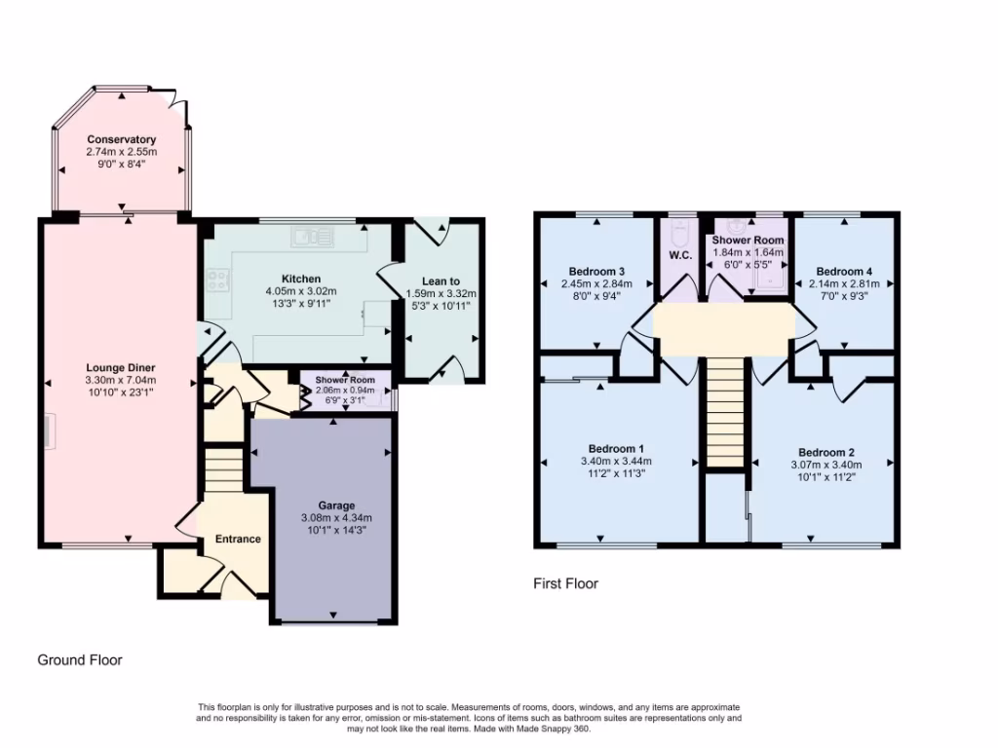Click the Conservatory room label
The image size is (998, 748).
point(121,139)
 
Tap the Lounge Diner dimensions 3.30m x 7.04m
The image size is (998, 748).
point(121,380)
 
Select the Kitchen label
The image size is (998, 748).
point(301,279)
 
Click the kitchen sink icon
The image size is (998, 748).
point(311,235)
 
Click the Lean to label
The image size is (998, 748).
point(440,280)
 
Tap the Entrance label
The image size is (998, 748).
point(238,539)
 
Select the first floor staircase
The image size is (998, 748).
point(724,412)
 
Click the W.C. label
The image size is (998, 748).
point(679,256)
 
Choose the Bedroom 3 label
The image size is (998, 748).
point(595,271)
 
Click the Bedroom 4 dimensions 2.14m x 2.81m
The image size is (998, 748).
point(844,284)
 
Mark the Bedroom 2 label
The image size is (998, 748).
point(825,452)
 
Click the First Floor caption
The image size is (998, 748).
point(565,584)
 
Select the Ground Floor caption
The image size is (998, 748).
point(80,659)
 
